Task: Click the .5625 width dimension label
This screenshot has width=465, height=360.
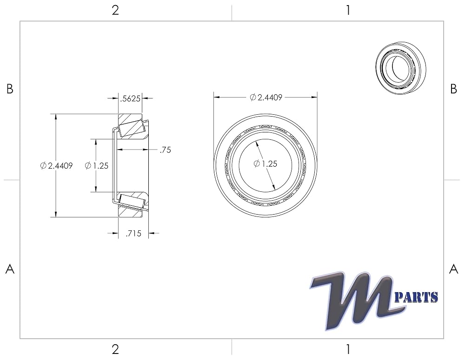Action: [x=130, y=98]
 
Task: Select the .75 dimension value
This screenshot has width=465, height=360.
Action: [x=165, y=150]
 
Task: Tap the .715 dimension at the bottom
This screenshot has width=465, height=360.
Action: [x=133, y=234]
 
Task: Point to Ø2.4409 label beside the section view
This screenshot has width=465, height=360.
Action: [x=56, y=166]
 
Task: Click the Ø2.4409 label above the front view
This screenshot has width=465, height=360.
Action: [x=266, y=97]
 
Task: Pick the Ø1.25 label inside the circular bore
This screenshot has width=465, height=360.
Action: [x=266, y=164]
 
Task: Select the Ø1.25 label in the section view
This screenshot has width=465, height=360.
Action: [x=97, y=166]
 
